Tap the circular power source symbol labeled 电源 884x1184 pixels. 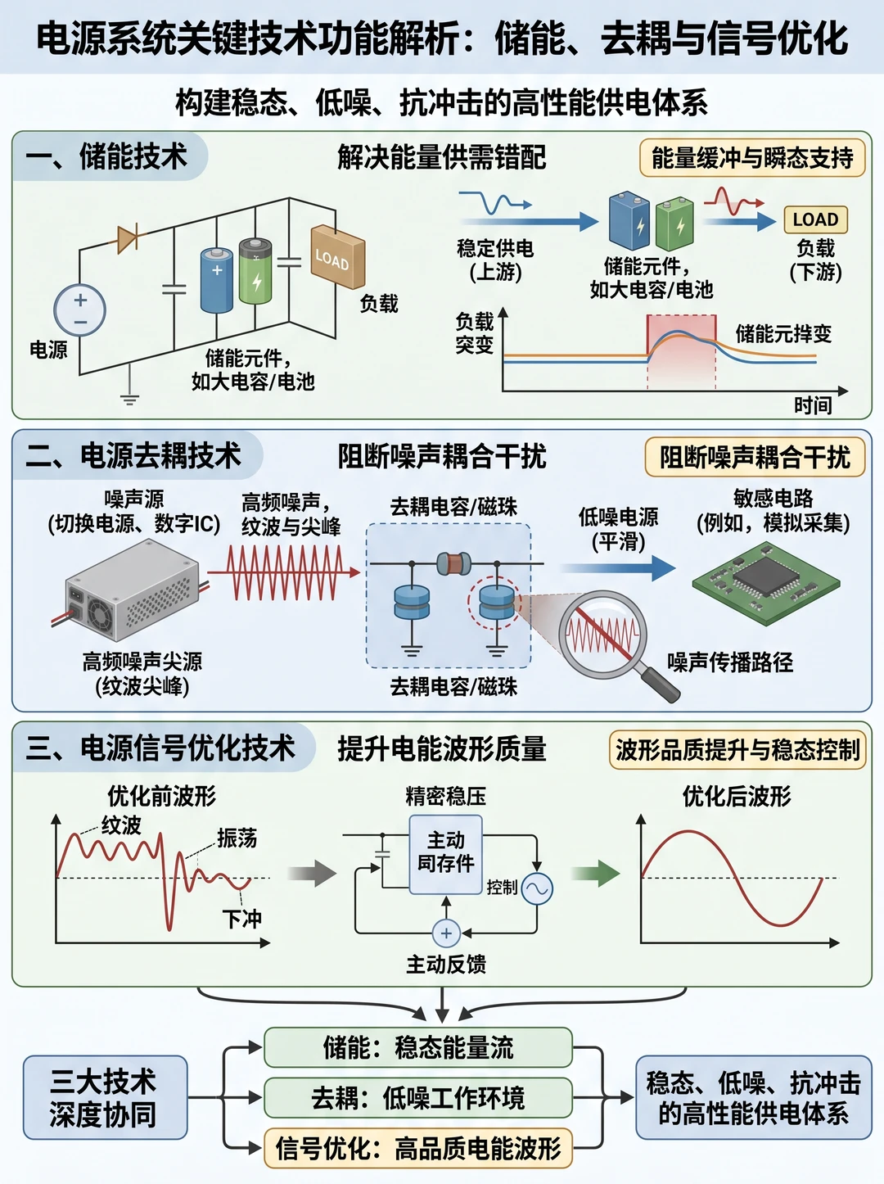(79, 310)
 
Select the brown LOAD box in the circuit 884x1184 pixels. (338, 256)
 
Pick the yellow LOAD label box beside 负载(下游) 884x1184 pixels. (815, 219)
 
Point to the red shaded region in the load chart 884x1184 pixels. (681, 351)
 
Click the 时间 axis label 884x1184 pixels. (813, 405)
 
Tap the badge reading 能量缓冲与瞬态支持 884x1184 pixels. (752, 158)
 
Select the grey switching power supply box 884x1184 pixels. (132, 592)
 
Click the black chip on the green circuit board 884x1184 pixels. (765, 576)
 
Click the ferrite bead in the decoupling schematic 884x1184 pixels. (453, 563)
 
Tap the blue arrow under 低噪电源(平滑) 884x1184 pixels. (618, 568)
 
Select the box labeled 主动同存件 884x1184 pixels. (445, 854)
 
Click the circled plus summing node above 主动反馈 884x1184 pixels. (446, 933)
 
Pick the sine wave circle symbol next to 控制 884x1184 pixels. (538, 888)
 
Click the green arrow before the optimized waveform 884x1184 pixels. (596, 874)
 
